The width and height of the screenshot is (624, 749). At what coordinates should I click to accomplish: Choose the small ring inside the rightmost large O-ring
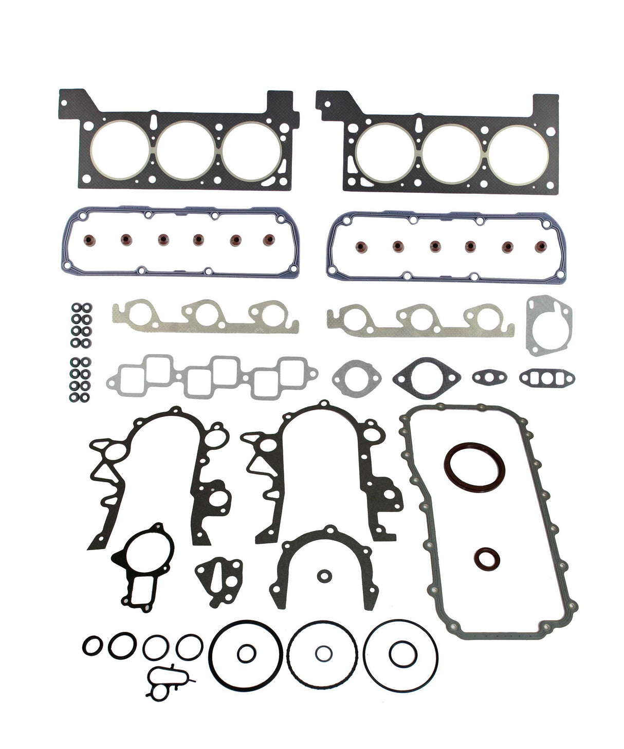pyautogui.click(x=399, y=655)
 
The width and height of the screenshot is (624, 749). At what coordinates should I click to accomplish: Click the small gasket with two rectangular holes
pyautogui.click(x=546, y=378)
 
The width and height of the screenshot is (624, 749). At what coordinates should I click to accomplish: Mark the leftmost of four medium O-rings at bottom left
pyautogui.click(x=92, y=645)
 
